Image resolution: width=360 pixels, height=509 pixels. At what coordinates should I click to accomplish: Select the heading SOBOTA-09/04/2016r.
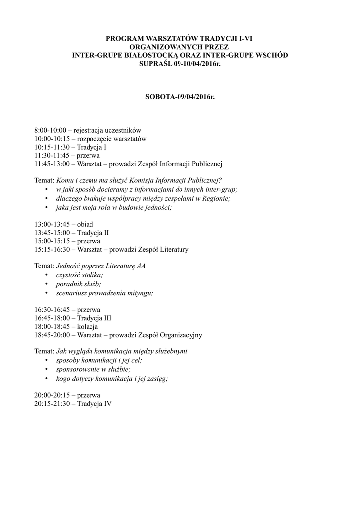(x=180, y=96)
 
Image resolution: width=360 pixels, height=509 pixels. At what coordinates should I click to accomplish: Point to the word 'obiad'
(x=85, y=224)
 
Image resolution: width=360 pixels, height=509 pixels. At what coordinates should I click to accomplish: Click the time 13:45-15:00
(x=52, y=232)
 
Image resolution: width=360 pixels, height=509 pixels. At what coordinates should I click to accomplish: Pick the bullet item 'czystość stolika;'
(x=80, y=275)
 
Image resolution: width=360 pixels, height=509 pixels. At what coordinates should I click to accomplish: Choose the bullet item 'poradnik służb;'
(x=78, y=284)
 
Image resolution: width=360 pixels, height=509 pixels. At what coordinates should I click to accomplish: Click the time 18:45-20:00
(x=52, y=335)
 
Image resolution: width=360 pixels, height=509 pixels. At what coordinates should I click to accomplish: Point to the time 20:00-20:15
(x=52, y=395)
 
